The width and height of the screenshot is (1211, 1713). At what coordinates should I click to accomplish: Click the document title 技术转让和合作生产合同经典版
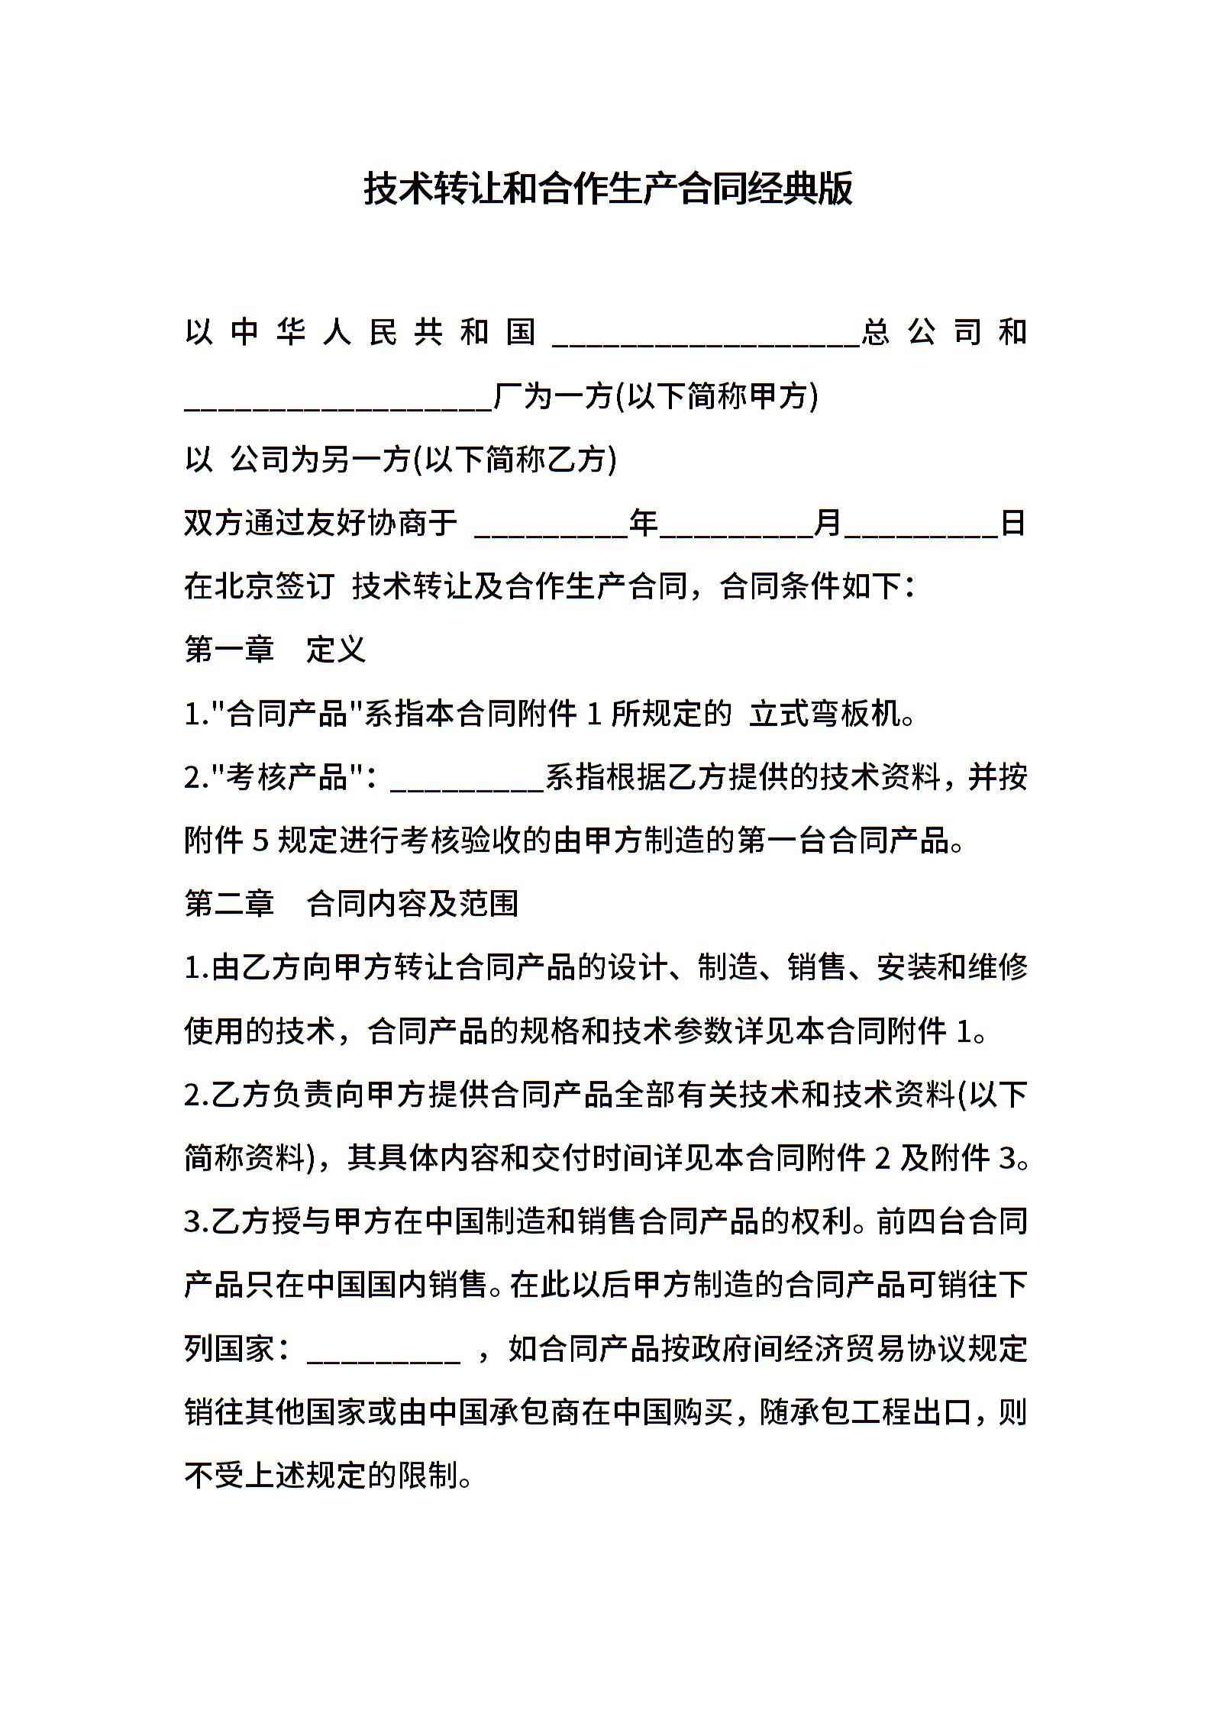pos(608,189)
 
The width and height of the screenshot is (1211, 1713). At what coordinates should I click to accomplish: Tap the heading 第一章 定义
pos(276,650)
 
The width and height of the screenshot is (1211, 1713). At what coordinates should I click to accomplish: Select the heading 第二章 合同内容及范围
pos(352,904)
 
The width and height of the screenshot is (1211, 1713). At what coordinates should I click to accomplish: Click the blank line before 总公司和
pos(706,336)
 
